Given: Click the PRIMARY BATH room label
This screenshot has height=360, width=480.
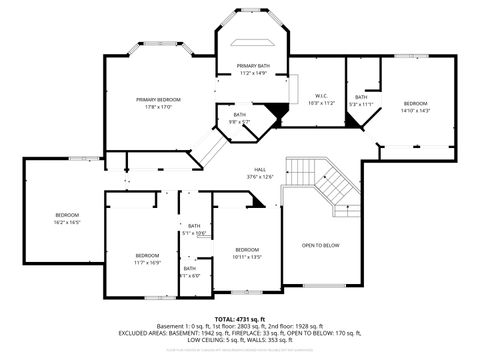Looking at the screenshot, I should [x=253, y=66].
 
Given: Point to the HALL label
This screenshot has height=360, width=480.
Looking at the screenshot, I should [x=260, y=170].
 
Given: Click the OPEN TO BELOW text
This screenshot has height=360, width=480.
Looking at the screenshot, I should [x=321, y=245].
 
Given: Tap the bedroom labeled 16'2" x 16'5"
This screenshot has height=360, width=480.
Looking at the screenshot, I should [x=67, y=219].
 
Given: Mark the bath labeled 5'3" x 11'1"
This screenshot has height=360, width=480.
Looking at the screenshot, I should [x=360, y=100].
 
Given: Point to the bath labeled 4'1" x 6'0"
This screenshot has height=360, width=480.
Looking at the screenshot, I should [x=190, y=271].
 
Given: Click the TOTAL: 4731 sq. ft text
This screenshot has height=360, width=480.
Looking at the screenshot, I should [x=240, y=317].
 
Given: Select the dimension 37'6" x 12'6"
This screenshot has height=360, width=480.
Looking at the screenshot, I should [x=260, y=176].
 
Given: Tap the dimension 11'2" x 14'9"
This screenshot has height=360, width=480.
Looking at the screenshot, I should [x=253, y=73].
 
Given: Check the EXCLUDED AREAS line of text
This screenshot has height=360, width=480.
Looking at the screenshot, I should [x=240, y=333].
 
